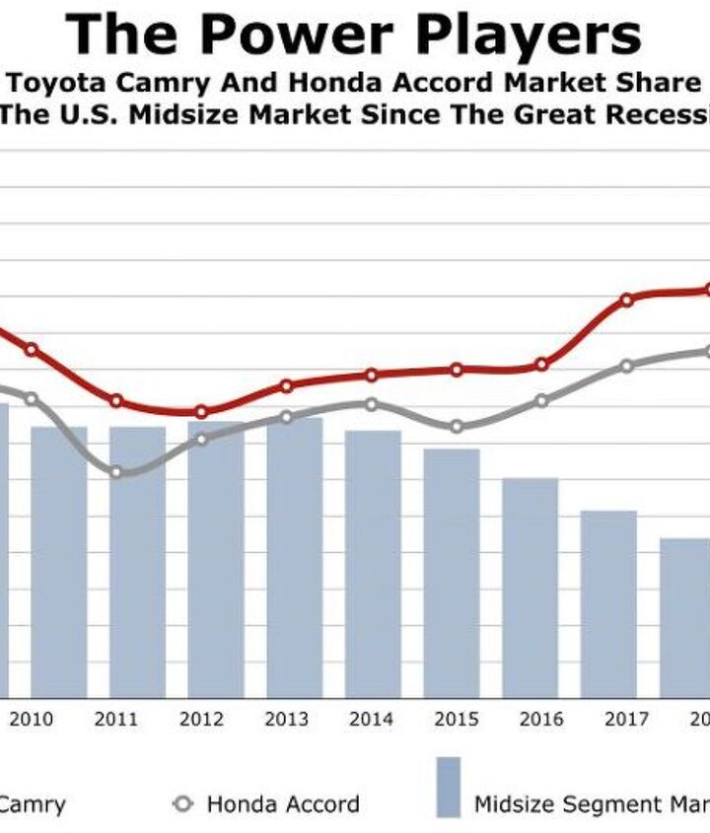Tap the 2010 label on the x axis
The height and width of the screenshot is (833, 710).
(x=32, y=720)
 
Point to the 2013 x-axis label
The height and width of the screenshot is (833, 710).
(x=286, y=720)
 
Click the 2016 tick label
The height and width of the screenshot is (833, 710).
(x=541, y=720)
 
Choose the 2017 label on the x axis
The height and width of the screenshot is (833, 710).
(x=626, y=720)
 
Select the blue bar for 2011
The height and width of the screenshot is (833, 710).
(x=137, y=562)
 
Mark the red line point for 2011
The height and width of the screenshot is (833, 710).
(x=116, y=401)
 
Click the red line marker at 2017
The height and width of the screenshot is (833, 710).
(x=626, y=300)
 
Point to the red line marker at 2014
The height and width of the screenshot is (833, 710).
(x=372, y=376)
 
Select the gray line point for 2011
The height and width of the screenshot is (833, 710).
(x=116, y=472)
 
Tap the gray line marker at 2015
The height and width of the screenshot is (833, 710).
(x=457, y=426)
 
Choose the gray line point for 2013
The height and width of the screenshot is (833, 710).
(x=287, y=417)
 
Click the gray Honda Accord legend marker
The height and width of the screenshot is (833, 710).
(x=182, y=803)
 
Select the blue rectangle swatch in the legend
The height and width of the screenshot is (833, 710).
(x=449, y=787)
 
